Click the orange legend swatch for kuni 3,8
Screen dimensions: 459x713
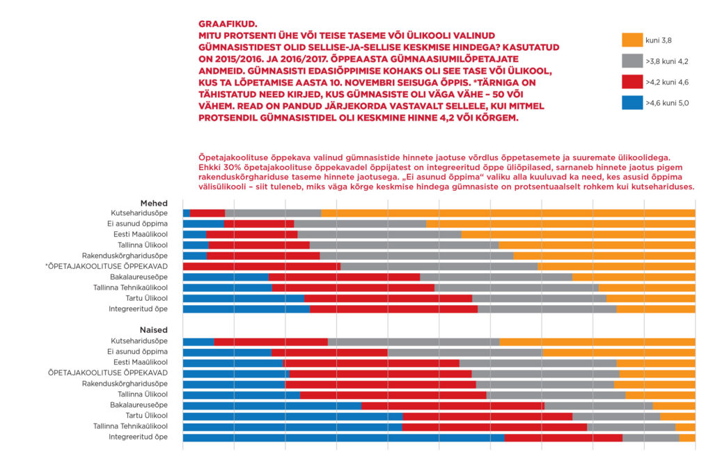pos(632,40)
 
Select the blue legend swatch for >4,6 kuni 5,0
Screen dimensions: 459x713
pos(632,103)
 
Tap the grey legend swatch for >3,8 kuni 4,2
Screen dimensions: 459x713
pos(632,61)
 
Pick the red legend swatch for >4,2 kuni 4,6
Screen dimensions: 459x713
pos(632,82)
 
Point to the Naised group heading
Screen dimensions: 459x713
pos(153,330)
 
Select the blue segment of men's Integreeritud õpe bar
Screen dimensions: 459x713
pos(246,309)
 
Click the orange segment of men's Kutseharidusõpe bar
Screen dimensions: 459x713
pos(508,213)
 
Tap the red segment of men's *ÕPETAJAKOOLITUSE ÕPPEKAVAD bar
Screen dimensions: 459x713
pos(261,266)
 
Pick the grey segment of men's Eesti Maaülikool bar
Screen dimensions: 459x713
pos(379,234)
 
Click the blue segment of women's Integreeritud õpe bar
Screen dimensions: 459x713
pos(343,437)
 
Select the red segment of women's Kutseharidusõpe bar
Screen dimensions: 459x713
pos(271,342)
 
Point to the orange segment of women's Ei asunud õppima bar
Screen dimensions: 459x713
pos(618,352)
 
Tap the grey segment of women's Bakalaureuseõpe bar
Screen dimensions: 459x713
pos(598,405)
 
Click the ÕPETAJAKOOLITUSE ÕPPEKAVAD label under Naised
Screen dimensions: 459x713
pos(108,373)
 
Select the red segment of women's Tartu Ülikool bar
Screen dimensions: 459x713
pos(487,417)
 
